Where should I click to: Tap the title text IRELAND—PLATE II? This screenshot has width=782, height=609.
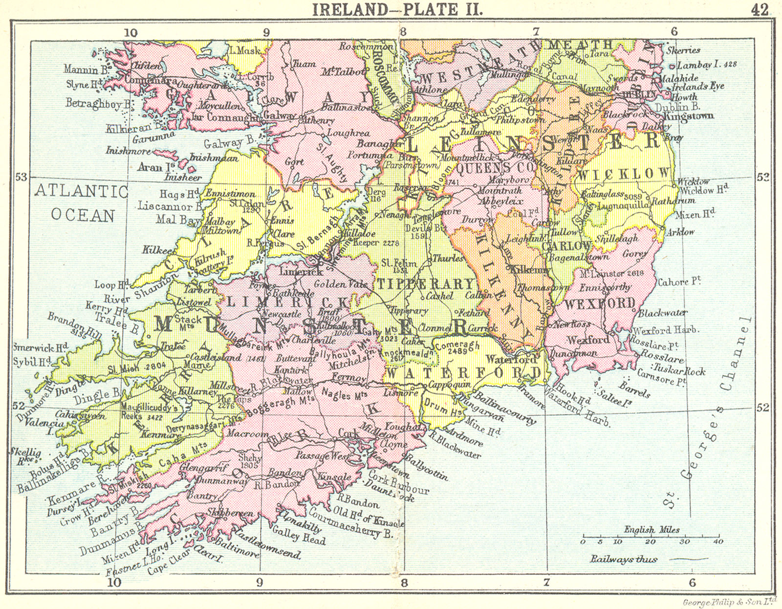(398, 9)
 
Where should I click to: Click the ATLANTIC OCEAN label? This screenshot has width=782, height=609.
(82, 203)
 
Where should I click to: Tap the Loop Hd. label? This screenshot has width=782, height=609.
(111, 285)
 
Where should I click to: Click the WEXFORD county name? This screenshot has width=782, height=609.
(600, 304)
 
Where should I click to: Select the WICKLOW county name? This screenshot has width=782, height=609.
(624, 174)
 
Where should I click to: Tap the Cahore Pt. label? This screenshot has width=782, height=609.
(679, 282)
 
